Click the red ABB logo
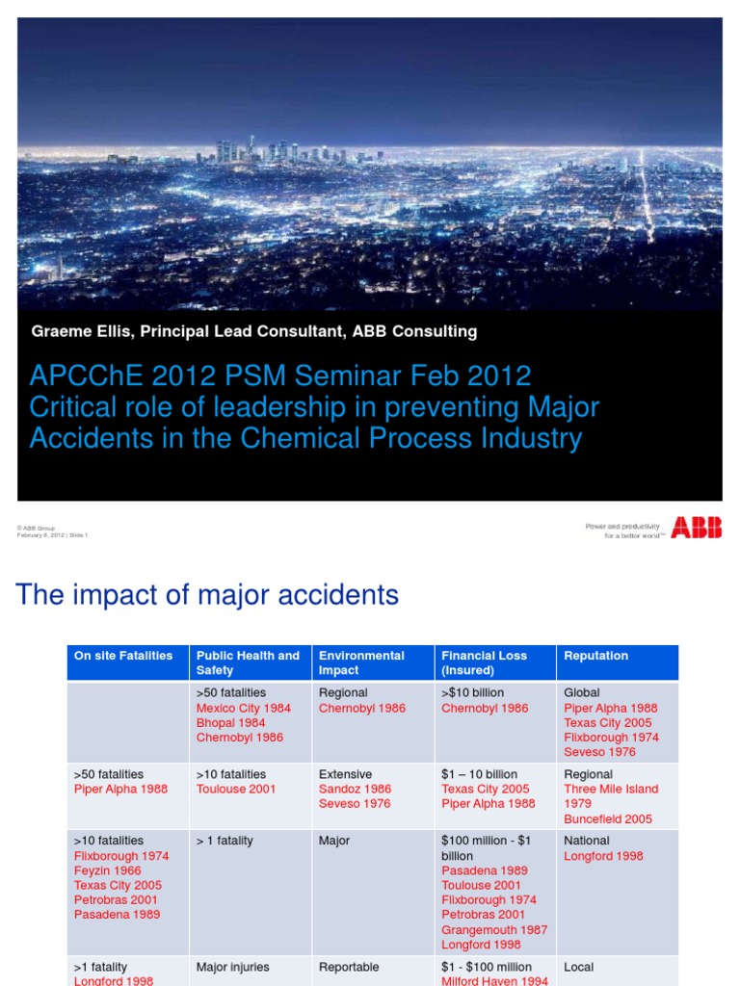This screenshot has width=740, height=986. point(696,527)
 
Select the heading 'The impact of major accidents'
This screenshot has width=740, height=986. point(207,595)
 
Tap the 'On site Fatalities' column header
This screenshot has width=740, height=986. point(123,656)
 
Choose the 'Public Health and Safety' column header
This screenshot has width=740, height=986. point(248,662)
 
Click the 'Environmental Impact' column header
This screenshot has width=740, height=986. point(361,662)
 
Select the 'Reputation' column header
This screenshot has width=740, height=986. point(595,656)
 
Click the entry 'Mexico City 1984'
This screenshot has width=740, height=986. point(243,708)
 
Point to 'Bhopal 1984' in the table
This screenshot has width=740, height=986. point(230,722)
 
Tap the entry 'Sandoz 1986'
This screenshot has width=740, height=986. point(355,789)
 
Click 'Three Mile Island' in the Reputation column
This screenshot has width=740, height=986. point(611,789)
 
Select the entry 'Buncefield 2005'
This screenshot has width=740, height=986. point(608,819)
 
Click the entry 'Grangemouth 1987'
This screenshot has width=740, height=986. point(494,930)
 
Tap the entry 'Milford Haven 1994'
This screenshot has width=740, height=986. point(494,980)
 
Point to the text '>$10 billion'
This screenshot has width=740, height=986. point(472,692)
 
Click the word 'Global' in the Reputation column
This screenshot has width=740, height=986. point(582,692)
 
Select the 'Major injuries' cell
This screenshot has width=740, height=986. point(232,967)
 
